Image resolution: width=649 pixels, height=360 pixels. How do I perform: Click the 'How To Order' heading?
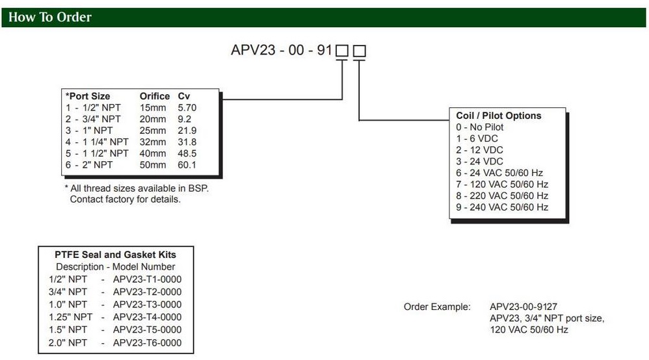(50, 18)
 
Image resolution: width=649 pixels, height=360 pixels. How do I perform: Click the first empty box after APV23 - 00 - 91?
(342, 51)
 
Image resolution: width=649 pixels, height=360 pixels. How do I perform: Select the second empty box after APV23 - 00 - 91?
(360, 51)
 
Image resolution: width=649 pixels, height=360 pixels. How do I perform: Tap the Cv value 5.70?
(187, 108)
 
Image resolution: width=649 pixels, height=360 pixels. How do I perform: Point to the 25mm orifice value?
(153, 131)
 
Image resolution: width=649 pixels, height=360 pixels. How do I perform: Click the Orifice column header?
(155, 96)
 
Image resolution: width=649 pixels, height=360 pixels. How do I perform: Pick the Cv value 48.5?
(187, 153)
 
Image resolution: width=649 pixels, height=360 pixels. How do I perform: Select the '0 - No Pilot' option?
(480, 127)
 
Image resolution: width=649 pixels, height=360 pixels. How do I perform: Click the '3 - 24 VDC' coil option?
(480, 161)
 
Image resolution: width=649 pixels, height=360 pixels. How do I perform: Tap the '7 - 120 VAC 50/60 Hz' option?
(502, 185)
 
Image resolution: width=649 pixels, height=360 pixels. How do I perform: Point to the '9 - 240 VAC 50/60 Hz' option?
(502, 207)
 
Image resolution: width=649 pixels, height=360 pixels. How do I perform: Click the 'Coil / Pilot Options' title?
(499, 116)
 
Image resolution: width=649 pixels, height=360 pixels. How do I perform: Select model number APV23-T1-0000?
(148, 279)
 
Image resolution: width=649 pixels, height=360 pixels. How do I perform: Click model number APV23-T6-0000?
(148, 342)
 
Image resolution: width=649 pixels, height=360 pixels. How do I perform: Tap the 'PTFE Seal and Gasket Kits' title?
(116, 255)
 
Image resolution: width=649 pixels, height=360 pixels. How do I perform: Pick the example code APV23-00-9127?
(523, 307)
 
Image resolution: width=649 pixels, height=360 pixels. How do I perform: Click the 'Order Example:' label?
(437, 307)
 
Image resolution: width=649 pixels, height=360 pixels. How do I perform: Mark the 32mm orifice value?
(153, 142)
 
